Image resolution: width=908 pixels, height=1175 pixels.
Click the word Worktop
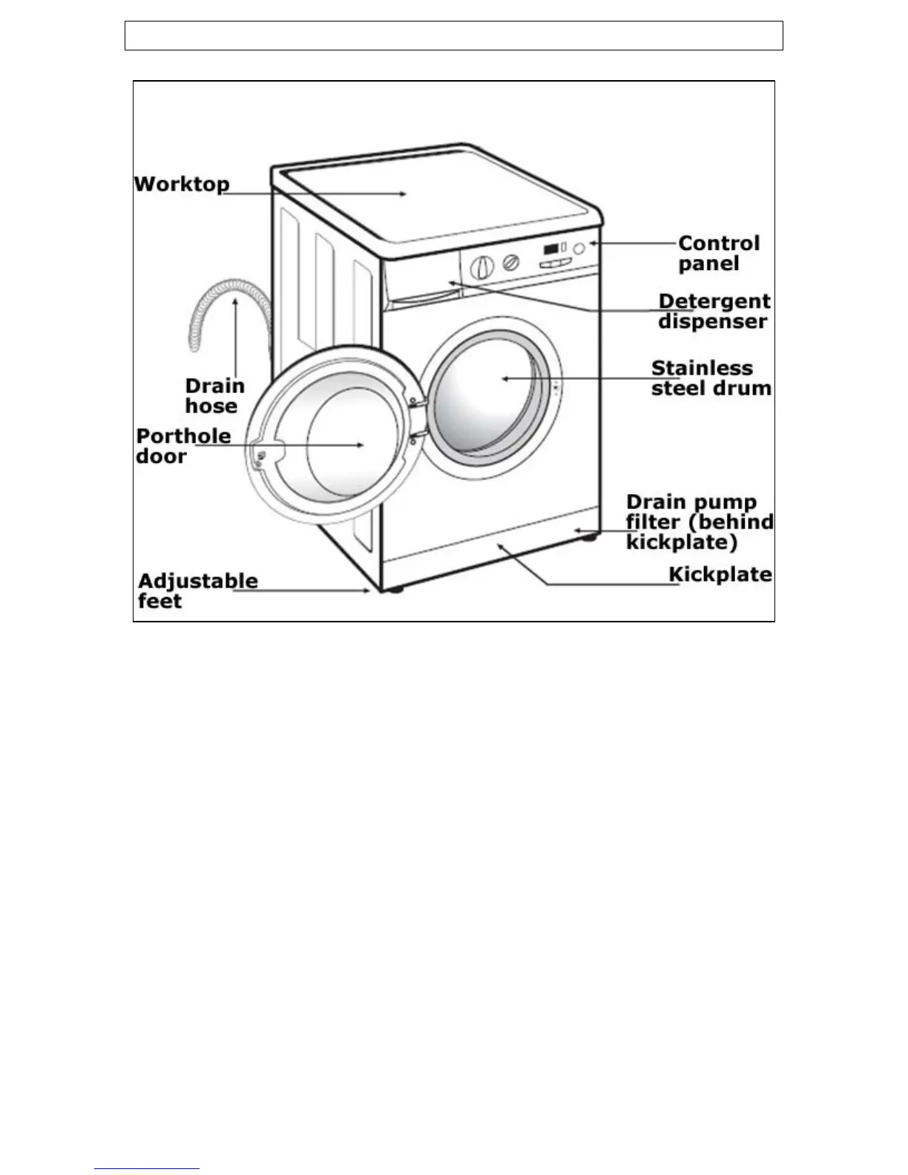[182, 184]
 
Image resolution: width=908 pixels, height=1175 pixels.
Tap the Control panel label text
[718, 254]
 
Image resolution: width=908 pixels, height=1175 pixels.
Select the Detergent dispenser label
[714, 312]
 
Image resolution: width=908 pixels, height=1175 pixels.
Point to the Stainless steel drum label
[711, 378]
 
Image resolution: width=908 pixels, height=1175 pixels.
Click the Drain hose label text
[214, 395]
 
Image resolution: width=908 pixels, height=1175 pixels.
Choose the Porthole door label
[182, 446]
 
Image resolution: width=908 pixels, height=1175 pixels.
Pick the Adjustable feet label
[197, 590]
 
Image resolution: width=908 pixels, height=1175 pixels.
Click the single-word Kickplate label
[720, 575]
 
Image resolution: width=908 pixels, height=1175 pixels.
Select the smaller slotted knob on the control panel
[511, 263]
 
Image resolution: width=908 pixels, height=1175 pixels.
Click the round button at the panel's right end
[579, 249]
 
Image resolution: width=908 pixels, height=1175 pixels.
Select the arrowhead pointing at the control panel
[593, 243]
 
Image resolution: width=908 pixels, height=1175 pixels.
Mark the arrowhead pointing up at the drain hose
[235, 300]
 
